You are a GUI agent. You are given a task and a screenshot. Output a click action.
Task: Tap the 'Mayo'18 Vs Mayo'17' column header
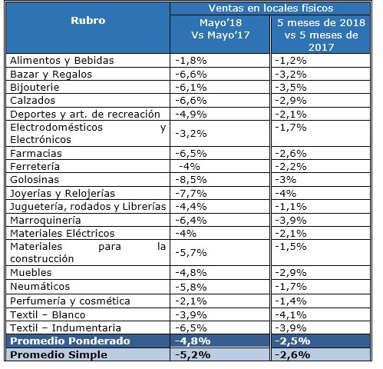[219, 31]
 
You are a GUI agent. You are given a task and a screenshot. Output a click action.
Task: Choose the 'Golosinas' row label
[31, 180]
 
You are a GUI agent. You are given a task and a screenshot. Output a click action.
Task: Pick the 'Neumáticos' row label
[36, 287]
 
